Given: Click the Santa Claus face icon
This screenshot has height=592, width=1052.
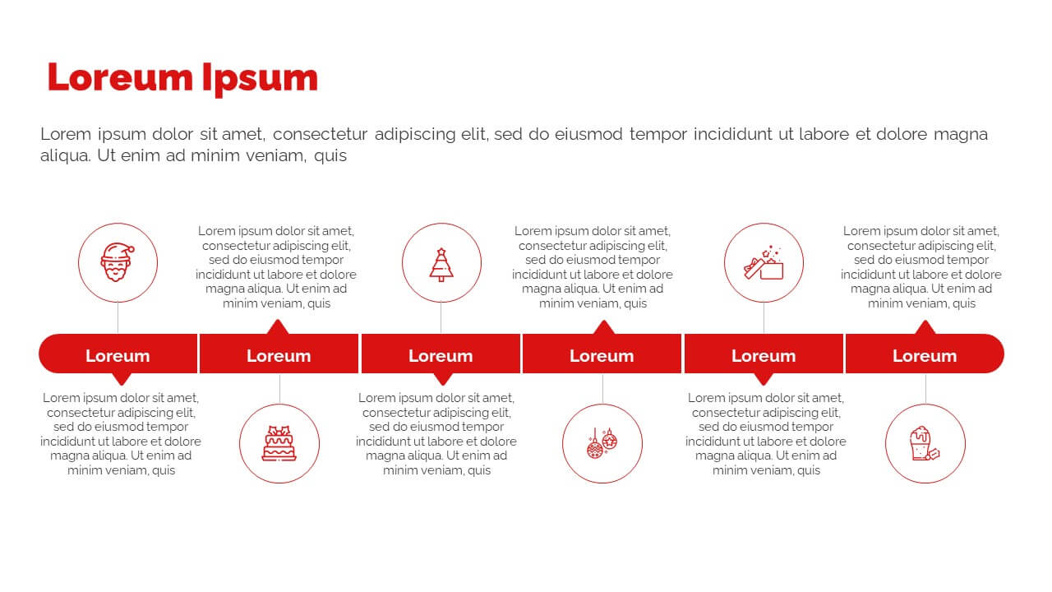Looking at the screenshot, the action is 118,262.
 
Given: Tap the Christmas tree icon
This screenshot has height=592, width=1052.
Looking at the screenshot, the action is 441,265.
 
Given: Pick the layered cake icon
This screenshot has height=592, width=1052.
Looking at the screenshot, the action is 279,443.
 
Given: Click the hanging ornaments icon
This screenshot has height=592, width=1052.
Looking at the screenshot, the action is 602,443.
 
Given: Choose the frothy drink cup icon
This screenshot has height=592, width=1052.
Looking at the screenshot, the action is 925,443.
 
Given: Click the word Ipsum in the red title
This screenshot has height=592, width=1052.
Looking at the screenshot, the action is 260,79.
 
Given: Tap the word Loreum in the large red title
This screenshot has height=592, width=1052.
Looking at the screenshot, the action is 120,77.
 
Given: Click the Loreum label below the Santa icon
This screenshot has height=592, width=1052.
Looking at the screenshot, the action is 118,356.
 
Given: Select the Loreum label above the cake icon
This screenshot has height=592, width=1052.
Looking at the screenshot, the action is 279,356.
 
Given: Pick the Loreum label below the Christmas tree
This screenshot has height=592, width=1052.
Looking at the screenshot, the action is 441,356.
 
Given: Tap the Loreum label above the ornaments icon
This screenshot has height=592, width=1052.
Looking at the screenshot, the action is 602,356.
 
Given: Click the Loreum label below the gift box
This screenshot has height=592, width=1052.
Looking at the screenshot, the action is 764,356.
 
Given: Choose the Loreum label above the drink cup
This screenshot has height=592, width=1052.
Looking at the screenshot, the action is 925,356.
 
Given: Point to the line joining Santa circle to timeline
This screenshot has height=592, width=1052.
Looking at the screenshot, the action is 118,317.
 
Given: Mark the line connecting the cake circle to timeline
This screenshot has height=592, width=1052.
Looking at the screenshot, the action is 280,389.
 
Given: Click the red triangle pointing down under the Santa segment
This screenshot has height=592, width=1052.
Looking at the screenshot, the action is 122,379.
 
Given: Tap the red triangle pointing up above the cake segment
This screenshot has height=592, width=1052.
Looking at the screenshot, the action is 278,327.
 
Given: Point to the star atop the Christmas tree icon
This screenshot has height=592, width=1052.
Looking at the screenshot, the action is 441,252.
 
